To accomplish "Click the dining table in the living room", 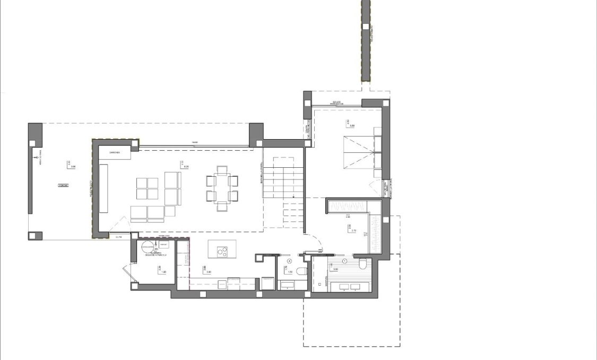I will click(222, 188).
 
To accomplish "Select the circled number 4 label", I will click(289, 261).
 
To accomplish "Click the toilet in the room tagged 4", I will click(301, 271).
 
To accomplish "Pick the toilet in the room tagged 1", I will click(362, 264).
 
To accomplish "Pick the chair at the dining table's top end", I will click(222, 170).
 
